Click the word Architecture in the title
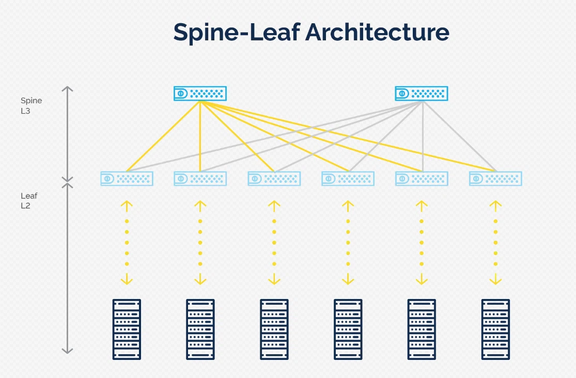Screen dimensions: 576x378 [x=377, y=32]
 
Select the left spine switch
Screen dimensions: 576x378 [x=200, y=93]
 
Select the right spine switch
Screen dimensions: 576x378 [x=422, y=93]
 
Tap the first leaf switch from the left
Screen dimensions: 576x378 [x=127, y=179]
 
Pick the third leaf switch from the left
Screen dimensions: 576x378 [x=274, y=179]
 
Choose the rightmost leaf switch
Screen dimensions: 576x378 [x=495, y=179]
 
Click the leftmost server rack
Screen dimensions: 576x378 [x=127, y=329]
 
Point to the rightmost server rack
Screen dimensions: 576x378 [x=495, y=329]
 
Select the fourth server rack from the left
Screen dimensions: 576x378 [x=348, y=329]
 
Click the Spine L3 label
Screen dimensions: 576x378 [x=31, y=105]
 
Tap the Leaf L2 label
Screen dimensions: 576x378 [x=29, y=200]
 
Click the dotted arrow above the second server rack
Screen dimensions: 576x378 [x=200, y=243]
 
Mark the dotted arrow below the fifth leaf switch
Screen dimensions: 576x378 [x=422, y=243]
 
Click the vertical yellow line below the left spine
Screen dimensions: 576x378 [x=200, y=136]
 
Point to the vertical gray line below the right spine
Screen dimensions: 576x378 [x=423, y=136]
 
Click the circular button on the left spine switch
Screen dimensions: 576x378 [x=181, y=93]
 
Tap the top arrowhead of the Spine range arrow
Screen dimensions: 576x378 [x=67, y=88]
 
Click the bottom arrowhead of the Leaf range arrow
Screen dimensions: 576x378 [x=67, y=351]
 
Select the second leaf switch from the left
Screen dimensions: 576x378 [x=200, y=179]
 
